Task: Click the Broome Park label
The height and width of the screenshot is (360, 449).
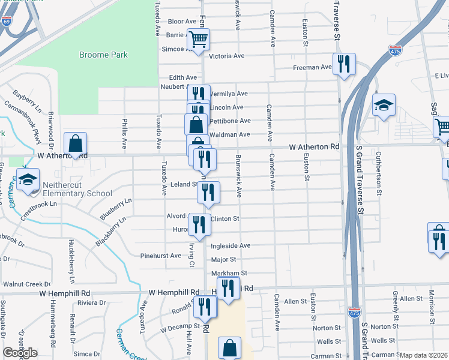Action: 103,55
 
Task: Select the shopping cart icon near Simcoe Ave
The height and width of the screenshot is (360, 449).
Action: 198,40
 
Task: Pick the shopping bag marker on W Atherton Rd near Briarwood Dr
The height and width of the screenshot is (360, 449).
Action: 75,144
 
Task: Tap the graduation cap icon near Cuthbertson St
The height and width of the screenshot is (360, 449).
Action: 384,106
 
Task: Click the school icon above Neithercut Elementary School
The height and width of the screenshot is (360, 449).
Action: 28,181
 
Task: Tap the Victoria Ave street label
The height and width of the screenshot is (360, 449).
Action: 226,56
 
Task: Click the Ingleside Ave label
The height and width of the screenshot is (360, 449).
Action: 231,246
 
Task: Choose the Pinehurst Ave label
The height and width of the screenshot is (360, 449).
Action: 160,256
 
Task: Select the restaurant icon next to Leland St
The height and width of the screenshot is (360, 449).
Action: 208,192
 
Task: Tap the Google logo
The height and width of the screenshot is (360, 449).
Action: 20,353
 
